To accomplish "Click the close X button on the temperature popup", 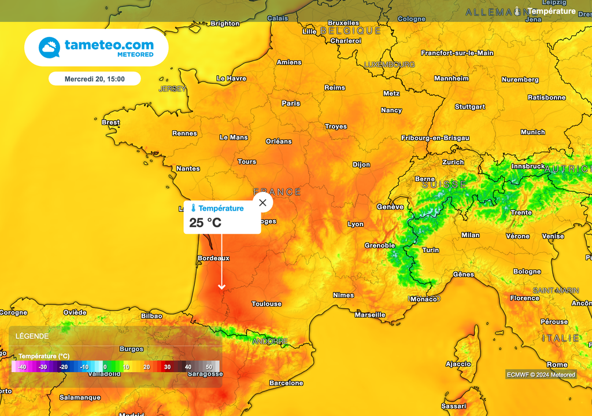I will tap(263, 203).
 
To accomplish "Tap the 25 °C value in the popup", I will tap(205, 223).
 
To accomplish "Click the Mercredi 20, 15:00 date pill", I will tap(94, 79).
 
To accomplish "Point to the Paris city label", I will tap(291, 104).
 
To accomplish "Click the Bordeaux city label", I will tap(213, 258).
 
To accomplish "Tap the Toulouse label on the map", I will tap(267, 304).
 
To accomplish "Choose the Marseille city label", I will tap(370, 315).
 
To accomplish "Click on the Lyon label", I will tap(356, 224).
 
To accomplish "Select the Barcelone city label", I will tap(286, 383).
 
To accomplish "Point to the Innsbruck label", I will tap(528, 167).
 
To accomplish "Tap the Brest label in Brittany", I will tap(110, 122).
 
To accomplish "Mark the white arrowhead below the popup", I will tap(221, 286).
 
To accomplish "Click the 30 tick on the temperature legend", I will tap(167, 367).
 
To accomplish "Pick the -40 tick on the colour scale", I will tap(22, 367).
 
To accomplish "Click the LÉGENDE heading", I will tap(32, 336).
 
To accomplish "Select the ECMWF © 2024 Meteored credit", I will tap(541, 374).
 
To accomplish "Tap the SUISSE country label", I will tap(444, 185).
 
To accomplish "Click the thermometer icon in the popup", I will tap(194, 208).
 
